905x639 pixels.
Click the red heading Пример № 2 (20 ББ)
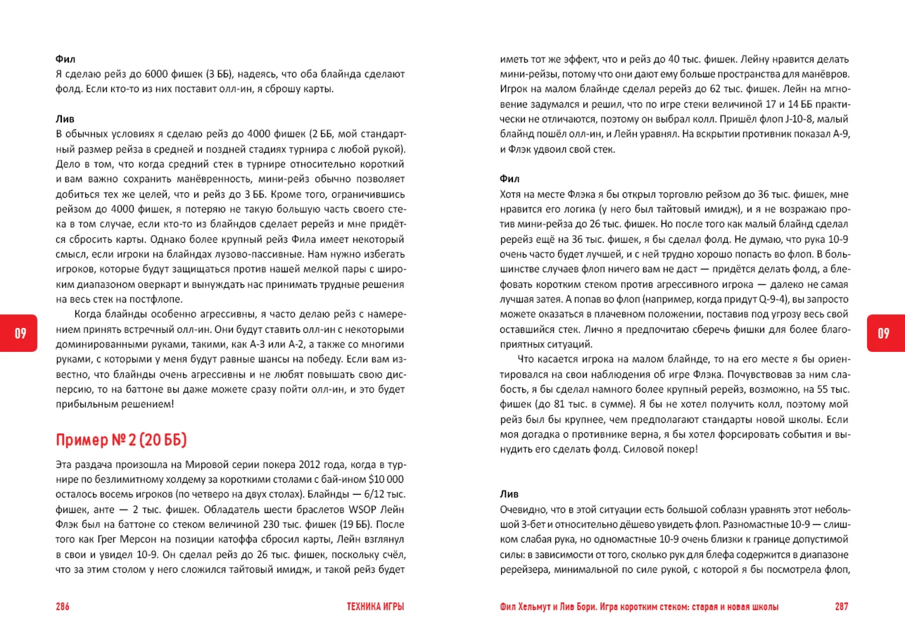point(121,441)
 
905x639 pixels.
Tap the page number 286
point(63,607)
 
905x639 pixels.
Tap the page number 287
point(842,607)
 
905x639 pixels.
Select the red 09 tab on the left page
point(20,334)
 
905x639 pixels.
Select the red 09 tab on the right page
point(884,334)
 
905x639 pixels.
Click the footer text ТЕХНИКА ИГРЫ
point(376,607)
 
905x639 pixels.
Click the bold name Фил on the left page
point(65,58)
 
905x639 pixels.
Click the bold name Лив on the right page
point(509,493)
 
